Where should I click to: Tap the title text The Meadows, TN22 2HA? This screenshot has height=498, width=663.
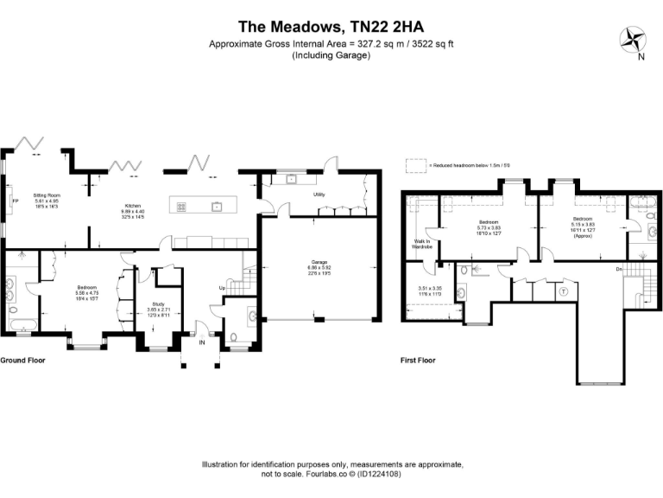[331, 26]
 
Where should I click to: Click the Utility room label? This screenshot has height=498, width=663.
[319, 195]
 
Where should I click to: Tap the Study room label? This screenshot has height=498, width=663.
[158, 303]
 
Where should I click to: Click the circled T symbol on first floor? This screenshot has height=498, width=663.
[564, 291]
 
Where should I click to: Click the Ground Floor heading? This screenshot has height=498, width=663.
[22, 360]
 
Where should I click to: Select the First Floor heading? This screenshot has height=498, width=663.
[418, 360]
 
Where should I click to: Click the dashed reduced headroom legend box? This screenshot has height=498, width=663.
[416, 163]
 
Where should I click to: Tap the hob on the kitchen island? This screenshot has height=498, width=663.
[183, 206]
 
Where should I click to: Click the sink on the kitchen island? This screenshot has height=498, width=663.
[217, 206]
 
